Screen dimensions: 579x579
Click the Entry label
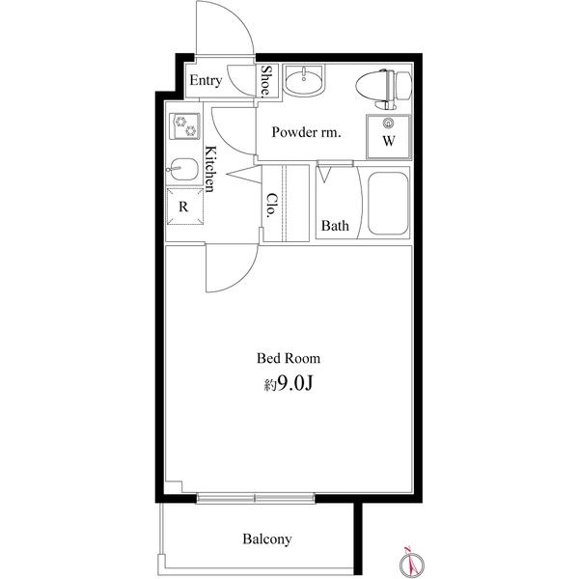205,81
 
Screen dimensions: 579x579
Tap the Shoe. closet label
266,81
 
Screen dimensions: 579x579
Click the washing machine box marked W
389,134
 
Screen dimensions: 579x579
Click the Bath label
335,227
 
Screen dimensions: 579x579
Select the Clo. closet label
272,205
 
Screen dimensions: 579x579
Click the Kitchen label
213,169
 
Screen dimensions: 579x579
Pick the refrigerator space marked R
182,207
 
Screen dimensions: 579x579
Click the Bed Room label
288,358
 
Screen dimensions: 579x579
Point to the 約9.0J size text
288,385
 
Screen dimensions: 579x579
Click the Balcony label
267,539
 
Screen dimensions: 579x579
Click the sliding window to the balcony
257,499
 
